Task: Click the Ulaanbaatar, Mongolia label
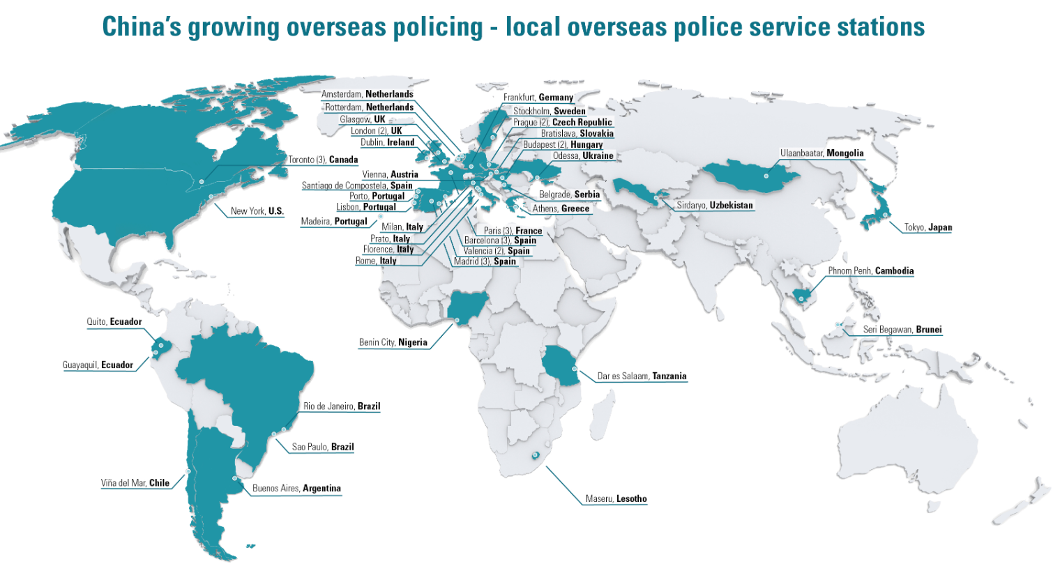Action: click(821, 153)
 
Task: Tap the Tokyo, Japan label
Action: click(927, 227)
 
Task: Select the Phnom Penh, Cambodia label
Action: click(870, 271)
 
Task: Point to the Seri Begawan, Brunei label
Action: click(902, 330)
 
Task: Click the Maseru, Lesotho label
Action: click(616, 499)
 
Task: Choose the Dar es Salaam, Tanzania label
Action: click(642, 376)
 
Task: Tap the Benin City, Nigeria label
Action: click(393, 342)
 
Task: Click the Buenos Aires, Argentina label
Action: click(296, 489)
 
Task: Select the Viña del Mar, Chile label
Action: click(135, 483)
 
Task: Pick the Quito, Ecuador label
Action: click(114, 322)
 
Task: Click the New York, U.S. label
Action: click(257, 211)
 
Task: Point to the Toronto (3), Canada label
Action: click(323, 160)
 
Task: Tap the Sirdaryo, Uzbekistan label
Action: click(715, 206)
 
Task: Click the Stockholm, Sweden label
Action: click(550, 111)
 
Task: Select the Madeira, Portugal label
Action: click(334, 222)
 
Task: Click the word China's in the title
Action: click(142, 27)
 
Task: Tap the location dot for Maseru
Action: click(536, 455)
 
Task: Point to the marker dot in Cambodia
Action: click(801, 299)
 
